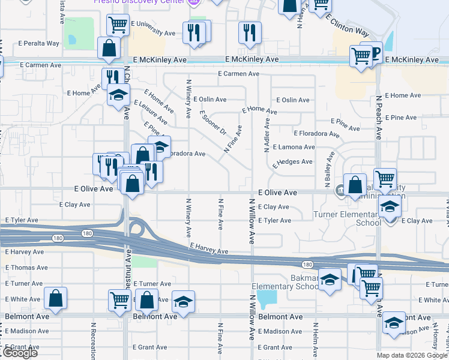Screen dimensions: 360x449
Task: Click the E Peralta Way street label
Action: [x=39, y=43]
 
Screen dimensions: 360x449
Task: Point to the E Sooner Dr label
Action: [x=213, y=123]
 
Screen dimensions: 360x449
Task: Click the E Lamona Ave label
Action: [x=294, y=147]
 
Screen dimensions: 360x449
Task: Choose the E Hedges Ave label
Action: [x=292, y=161]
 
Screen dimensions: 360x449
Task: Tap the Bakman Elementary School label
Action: [x=285, y=281]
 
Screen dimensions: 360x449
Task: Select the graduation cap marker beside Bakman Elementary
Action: [x=330, y=280]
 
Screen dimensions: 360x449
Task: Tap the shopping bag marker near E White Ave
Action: [x=55, y=298]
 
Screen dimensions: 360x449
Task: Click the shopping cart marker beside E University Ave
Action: [x=118, y=25]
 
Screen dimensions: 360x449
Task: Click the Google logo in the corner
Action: [x=19, y=353]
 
